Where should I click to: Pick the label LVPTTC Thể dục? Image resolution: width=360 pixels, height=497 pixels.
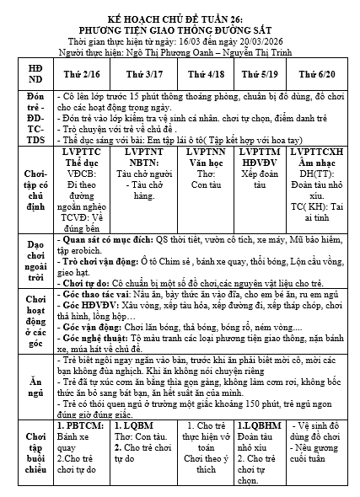(x=81, y=161)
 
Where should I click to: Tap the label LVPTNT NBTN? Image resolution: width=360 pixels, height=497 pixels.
(x=139, y=161)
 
